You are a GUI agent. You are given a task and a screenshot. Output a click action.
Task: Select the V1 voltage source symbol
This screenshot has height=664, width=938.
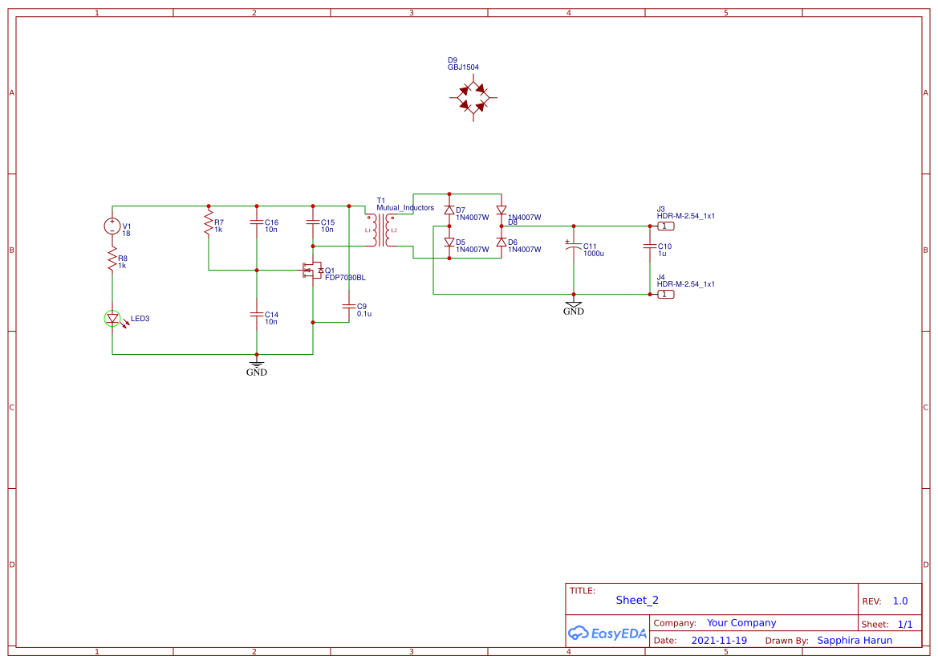pyautogui.click(x=112, y=226)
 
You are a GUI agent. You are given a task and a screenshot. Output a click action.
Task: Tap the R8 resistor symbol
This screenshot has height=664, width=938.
pyautogui.click(x=112, y=259)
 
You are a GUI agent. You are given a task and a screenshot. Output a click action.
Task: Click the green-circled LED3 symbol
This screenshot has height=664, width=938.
pyautogui.click(x=112, y=319)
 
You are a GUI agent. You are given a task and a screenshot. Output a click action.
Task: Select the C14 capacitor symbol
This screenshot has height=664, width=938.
pyautogui.click(x=257, y=316)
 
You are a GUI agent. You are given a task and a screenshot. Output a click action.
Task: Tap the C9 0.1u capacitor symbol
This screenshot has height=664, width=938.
pyautogui.click(x=349, y=306)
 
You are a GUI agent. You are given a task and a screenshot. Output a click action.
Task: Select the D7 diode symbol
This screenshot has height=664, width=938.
pyautogui.click(x=449, y=210)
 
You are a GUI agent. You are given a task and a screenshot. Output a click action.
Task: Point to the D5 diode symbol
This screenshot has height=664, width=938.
pyautogui.click(x=449, y=242)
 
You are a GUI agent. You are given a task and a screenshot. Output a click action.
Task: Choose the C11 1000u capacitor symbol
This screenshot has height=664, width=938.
pyautogui.click(x=573, y=248)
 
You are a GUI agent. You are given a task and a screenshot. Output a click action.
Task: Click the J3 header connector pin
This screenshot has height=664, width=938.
pyautogui.click(x=665, y=226)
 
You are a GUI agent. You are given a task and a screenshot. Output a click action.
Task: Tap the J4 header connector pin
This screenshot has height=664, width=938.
pyautogui.click(x=665, y=295)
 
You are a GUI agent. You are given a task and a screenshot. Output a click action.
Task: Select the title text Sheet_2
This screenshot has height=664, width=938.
pyautogui.click(x=636, y=600)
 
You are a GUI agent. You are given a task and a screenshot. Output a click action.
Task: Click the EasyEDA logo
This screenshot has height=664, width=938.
pyautogui.click(x=607, y=633)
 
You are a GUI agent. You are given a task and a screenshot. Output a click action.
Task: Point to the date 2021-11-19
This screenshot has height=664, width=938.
pyautogui.click(x=719, y=641)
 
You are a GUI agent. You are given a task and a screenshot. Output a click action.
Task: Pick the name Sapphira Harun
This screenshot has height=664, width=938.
pyautogui.click(x=854, y=641)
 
